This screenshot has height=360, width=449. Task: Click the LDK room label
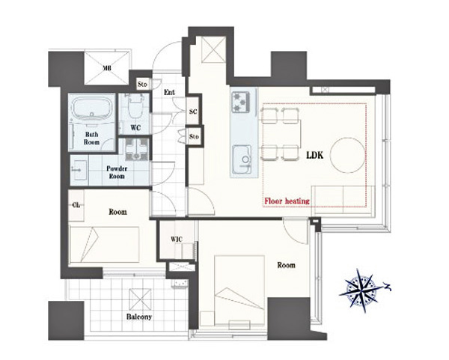click(x=315, y=155)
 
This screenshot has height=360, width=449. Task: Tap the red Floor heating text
click(x=287, y=201)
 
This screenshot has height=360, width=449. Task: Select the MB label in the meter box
click(x=107, y=68)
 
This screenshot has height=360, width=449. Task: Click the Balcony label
click(x=139, y=317)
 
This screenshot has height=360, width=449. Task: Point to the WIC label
click(x=177, y=240)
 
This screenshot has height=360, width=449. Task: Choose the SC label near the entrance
click(x=193, y=112)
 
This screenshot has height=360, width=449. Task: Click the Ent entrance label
click(x=170, y=92)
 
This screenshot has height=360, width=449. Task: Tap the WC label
click(x=135, y=128)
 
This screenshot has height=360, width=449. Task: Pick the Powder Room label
click(x=117, y=172)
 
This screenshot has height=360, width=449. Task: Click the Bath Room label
click(x=91, y=138)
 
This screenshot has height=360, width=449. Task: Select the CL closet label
click(x=76, y=205)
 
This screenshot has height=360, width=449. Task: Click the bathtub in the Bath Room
click(x=91, y=110)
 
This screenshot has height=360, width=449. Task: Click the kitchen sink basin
click(x=242, y=159)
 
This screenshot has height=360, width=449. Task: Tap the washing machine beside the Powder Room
click(x=137, y=149)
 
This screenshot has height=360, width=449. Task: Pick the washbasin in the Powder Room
click(x=79, y=170)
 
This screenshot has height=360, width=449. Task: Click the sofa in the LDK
click(x=343, y=200)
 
